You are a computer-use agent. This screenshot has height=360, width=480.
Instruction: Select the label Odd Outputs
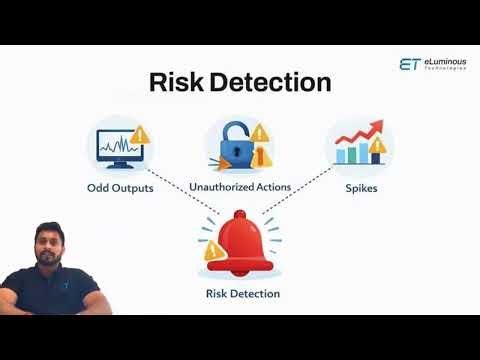(x=120, y=188)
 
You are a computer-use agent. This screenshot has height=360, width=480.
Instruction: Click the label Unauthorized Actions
(x=240, y=188)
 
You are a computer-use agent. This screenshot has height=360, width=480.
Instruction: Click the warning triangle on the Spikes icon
(x=378, y=147)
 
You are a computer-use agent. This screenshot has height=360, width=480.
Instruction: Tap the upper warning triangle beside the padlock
(x=259, y=132)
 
